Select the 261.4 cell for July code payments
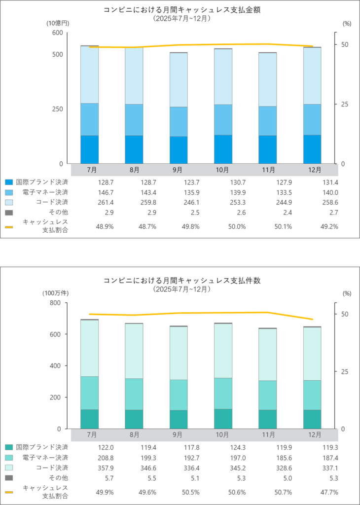91,202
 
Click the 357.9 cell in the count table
91,467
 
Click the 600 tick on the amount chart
57,33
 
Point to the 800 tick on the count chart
57,303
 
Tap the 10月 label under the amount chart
223,170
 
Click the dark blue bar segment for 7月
89,149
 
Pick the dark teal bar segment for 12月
312,419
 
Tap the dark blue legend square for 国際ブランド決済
8,182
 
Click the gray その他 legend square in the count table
8,477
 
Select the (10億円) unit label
58,23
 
